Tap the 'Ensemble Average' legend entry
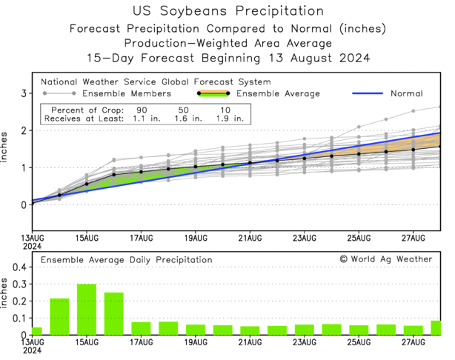278,93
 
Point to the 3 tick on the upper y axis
24,93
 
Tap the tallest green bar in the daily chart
87,309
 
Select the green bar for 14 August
59,316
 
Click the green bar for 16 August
113,313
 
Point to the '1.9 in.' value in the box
228,118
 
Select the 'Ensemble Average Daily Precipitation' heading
126,260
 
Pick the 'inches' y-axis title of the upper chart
7,148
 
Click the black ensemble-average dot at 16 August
113,175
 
